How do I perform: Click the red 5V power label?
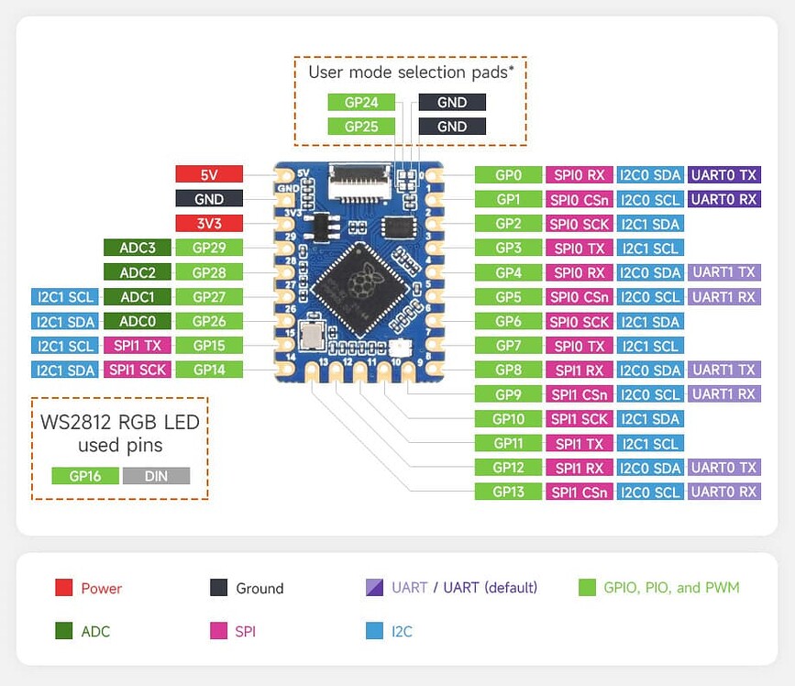tap(209, 174)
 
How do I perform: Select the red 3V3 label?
tap(209, 223)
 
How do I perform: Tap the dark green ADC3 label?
tap(137, 248)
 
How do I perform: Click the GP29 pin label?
tap(209, 248)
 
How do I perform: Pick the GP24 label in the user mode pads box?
tap(361, 103)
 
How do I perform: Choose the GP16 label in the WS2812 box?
tap(84, 476)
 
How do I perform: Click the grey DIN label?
tap(156, 476)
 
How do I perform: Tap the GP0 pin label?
tap(508, 175)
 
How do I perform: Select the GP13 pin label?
tap(508, 492)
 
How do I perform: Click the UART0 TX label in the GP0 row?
tap(724, 175)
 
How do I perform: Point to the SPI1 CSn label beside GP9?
tap(579, 394)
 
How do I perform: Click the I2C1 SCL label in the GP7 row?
tap(650, 346)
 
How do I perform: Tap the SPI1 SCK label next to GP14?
tap(137, 370)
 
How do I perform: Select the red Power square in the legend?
tap(63, 588)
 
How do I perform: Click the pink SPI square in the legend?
tap(218, 631)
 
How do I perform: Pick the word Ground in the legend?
tap(259, 589)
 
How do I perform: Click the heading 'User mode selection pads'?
tap(409, 72)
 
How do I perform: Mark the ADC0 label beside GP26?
tap(137, 321)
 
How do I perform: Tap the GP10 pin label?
tap(508, 419)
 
